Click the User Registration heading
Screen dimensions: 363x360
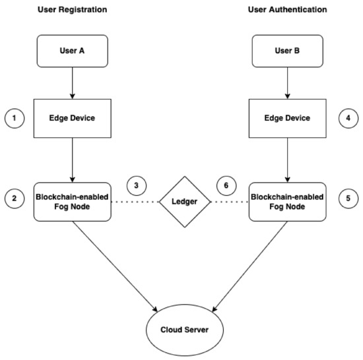pyautogui.click(x=72, y=10)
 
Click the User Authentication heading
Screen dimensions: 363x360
pyautogui.click(x=287, y=10)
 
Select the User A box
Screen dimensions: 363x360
pyautogui.click(x=72, y=51)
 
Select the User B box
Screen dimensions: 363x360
pyautogui.click(x=287, y=51)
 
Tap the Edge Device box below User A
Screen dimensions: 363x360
pyautogui.click(x=72, y=119)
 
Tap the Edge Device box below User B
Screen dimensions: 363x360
pyautogui.click(x=287, y=119)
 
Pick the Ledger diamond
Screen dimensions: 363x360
pyautogui.click(x=185, y=202)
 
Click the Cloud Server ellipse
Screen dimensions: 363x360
pyautogui.click(x=185, y=330)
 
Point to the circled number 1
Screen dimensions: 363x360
pyautogui.click(x=15, y=119)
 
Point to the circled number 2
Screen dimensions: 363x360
pyautogui.click(x=15, y=198)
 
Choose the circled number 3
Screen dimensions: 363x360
pyautogui.click(x=137, y=186)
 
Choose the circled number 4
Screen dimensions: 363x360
pyautogui.click(x=348, y=119)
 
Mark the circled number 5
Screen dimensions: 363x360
pyautogui.click(x=348, y=198)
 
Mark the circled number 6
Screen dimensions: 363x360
pyautogui.click(x=226, y=186)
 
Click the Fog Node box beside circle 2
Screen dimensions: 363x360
pyautogui.click(x=72, y=202)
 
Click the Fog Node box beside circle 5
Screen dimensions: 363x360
pyautogui.click(x=287, y=202)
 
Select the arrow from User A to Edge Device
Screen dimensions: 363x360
pyautogui.click(x=72, y=83)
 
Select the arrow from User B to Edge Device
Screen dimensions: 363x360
pyautogui.click(x=287, y=83)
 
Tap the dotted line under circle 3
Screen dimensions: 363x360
pyautogui.click(x=135, y=202)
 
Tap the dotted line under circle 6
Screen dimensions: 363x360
pyautogui.click(x=230, y=202)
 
